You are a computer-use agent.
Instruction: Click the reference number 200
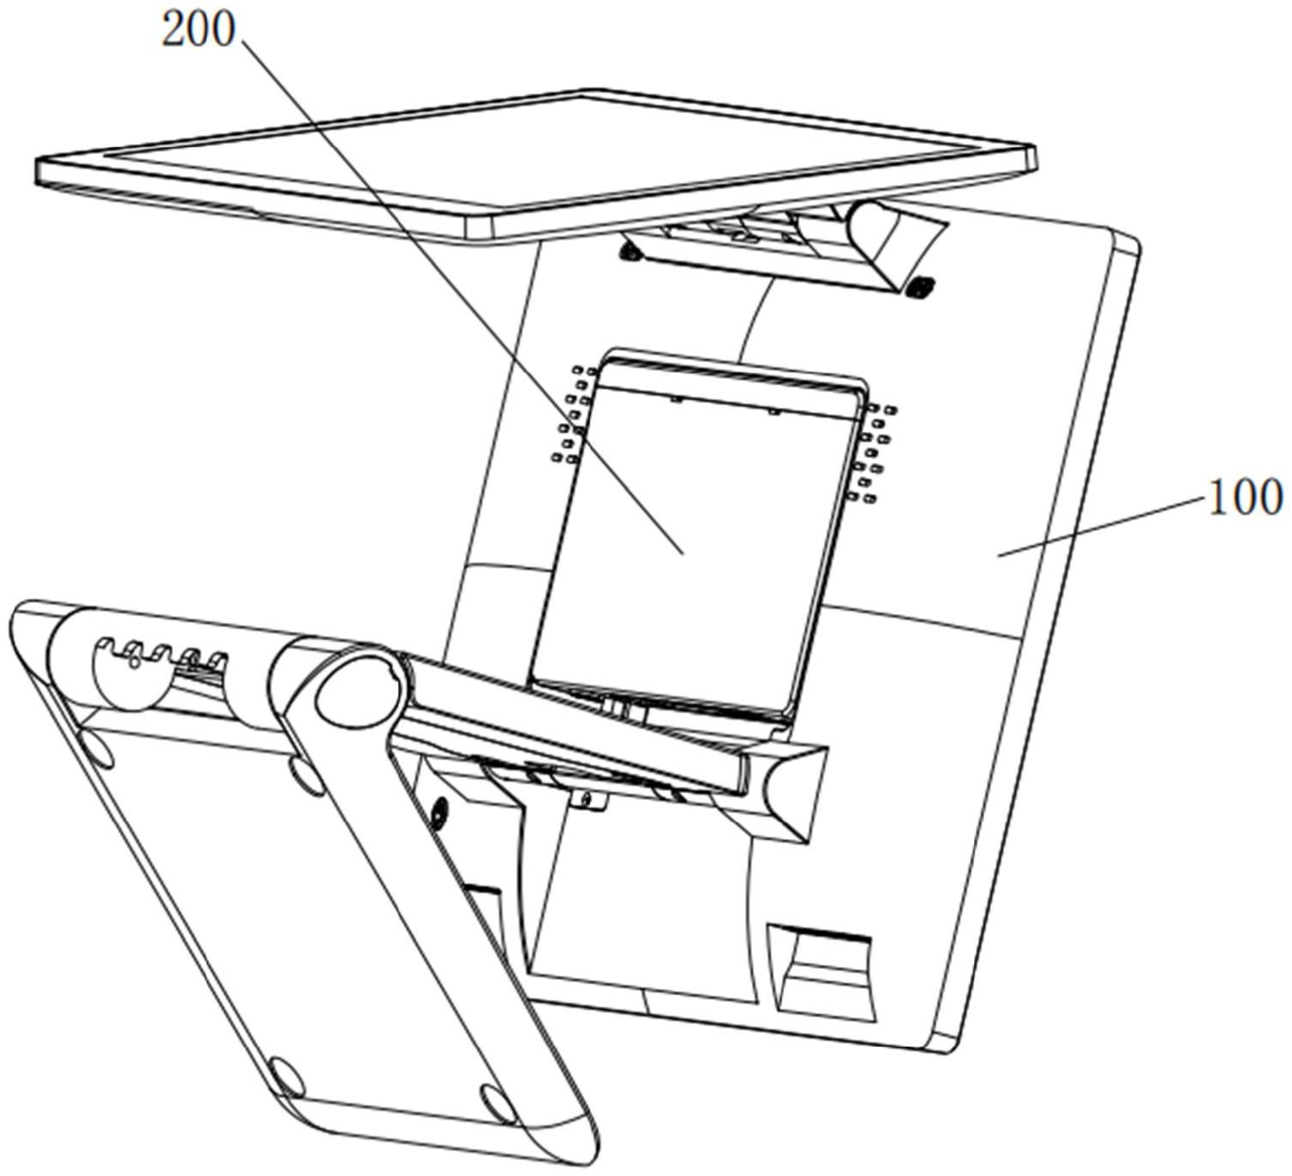pyautogui.click(x=198, y=31)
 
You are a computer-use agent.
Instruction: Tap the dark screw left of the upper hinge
pyautogui.click(x=632, y=251)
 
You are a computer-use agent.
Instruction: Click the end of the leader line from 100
pyautogui.click(x=998, y=554)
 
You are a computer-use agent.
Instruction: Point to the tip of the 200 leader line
pyautogui.click(x=682, y=554)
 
